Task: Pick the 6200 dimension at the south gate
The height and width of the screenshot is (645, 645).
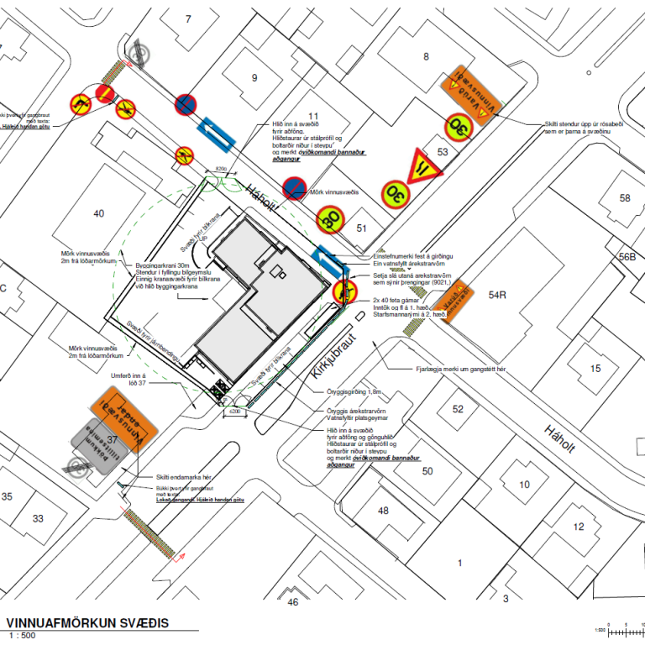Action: (234, 412)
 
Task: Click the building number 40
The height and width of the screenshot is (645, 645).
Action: (99, 213)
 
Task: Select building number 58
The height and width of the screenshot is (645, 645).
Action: (624, 198)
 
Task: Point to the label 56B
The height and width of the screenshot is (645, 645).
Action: (627, 257)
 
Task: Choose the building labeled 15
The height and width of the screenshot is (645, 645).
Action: (595, 368)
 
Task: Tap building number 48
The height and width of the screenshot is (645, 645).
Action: (383, 511)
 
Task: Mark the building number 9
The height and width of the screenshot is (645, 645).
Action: (253, 78)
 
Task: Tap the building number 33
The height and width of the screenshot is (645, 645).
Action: (38, 518)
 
